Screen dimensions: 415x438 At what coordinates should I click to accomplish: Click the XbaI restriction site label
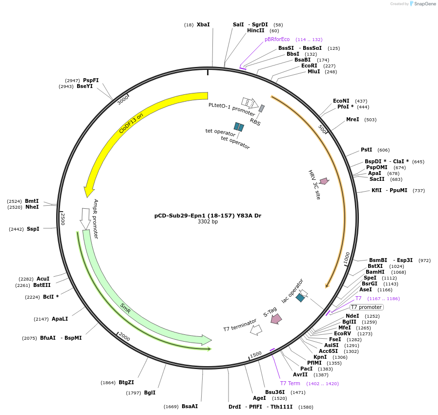click(203, 24)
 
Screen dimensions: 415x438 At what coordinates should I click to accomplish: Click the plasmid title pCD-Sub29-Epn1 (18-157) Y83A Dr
click(208, 216)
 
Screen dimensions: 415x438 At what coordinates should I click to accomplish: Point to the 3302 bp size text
click(208, 222)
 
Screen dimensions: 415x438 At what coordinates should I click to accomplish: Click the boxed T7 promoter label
click(367, 307)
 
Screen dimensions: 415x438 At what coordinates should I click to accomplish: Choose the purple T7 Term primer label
click(290, 383)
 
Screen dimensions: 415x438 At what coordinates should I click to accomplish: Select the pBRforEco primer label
click(277, 39)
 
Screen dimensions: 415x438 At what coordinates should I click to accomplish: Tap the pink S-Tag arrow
click(276, 319)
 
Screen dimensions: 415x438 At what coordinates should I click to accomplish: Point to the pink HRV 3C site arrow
click(324, 181)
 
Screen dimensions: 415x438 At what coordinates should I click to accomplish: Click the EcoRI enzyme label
click(309, 66)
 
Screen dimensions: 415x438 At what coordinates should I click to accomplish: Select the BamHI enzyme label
click(375, 272)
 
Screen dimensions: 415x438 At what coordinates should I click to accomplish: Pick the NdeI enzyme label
click(352, 316)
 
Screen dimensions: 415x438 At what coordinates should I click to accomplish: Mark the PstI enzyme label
click(366, 150)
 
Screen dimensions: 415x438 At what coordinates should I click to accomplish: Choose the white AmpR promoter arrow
click(85, 218)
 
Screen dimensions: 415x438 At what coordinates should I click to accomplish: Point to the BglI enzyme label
click(150, 393)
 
